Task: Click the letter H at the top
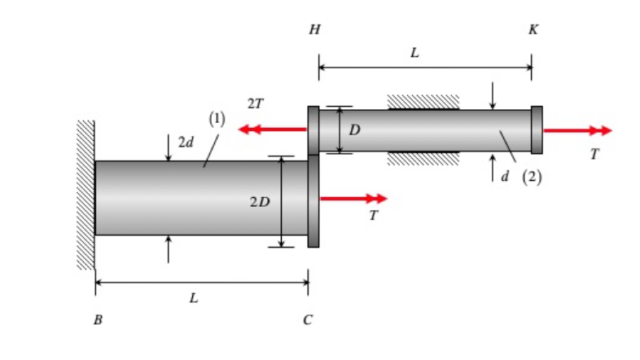314,30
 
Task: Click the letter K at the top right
533,30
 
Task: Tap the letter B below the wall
98,320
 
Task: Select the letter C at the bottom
307,320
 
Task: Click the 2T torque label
255,104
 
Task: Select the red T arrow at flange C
353,198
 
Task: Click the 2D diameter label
260,201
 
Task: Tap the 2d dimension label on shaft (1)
186,143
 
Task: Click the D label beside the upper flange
354,130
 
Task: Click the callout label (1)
217,119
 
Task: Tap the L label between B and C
194,298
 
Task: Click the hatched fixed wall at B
85,195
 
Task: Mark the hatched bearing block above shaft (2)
423,102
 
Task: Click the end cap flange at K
537,130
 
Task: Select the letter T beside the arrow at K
594,154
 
